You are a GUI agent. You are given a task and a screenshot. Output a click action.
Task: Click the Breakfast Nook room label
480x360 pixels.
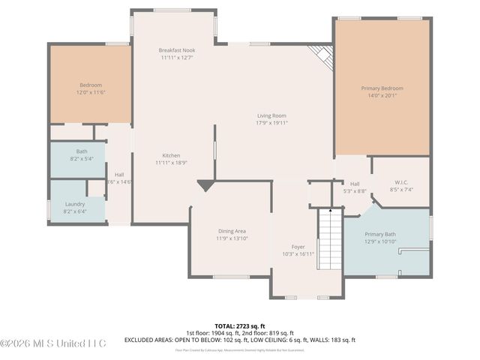[x=177, y=50]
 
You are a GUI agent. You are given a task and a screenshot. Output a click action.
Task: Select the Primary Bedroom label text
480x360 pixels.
[x=382, y=88]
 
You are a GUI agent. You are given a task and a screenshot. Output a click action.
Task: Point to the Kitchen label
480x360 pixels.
[x=170, y=155]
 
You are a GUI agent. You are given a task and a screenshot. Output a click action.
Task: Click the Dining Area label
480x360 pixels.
[x=231, y=231]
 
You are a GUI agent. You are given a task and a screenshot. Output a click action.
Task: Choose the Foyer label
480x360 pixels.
[x=298, y=247]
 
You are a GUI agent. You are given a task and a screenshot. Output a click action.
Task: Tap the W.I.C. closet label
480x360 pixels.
[x=400, y=182]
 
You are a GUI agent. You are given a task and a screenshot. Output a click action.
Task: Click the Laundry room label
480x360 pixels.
[x=75, y=204]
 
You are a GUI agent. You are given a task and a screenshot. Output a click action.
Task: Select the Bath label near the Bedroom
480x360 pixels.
[x=81, y=151]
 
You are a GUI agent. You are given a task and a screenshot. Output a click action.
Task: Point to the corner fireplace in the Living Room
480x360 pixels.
[x=322, y=55]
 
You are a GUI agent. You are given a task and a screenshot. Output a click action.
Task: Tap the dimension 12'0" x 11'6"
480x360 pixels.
[x=91, y=91]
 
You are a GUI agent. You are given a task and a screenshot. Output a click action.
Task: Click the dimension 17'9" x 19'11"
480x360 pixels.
[x=272, y=123]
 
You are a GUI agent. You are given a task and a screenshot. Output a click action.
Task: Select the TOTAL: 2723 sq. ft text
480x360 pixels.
[x=240, y=326]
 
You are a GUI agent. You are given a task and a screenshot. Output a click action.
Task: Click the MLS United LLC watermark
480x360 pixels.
[x=54, y=343]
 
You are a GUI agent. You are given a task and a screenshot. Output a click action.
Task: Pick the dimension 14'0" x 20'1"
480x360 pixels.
[x=382, y=95]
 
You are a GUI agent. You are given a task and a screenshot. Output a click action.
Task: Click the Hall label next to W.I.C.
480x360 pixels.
[x=355, y=184]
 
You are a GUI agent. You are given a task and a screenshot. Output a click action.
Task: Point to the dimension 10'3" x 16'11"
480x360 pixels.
[x=298, y=253]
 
